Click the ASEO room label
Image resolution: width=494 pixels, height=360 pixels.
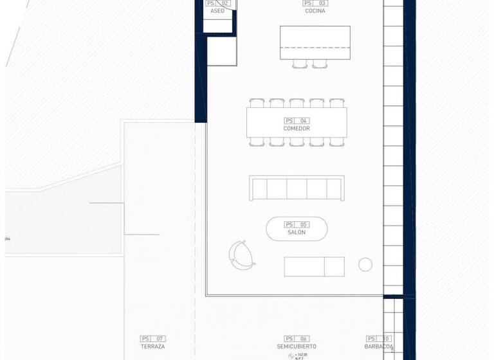217,11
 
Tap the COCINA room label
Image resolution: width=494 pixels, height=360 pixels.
315,11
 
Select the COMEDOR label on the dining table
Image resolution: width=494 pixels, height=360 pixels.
297,129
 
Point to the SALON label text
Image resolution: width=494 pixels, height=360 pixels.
297,233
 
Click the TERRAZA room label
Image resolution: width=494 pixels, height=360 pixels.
153,346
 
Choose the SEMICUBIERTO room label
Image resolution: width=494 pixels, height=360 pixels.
297,346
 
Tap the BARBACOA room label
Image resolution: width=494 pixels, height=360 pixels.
379,346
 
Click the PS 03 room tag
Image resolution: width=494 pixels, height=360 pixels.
315,3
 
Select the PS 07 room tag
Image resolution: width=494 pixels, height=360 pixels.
153,339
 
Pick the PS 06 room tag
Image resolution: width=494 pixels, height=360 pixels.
297,339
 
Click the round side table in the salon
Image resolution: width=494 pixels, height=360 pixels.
365,264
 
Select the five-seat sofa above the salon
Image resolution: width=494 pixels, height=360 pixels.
297,188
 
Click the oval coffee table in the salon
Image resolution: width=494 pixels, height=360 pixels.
297,229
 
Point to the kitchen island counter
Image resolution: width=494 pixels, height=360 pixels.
315,42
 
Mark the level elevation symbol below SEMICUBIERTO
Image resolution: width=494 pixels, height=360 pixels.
291,355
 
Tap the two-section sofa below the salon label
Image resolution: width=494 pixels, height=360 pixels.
314,267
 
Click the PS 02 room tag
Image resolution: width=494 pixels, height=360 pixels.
217,3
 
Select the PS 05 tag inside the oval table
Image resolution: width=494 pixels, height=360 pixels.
297,224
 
